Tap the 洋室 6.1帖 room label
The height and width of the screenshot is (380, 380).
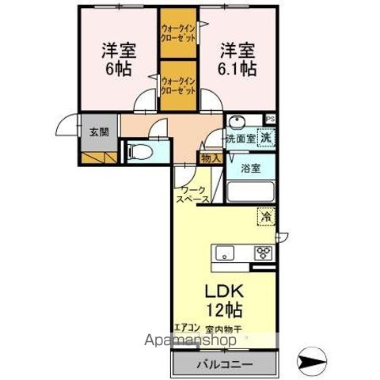pyautogui.click(x=237, y=59)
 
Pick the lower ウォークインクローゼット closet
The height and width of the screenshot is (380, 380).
pyautogui.click(x=178, y=85)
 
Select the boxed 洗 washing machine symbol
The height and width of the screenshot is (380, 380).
pyautogui.click(x=266, y=138)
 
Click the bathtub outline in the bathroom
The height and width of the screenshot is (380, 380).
pyautogui.click(x=251, y=192)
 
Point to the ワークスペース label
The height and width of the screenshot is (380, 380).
pyautogui.click(x=193, y=196)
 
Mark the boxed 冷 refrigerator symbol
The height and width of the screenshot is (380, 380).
pyautogui.click(x=266, y=214)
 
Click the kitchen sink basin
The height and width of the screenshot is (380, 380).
pyautogui.click(x=225, y=254)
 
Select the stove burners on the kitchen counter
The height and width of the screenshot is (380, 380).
pyautogui.click(x=263, y=254)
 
